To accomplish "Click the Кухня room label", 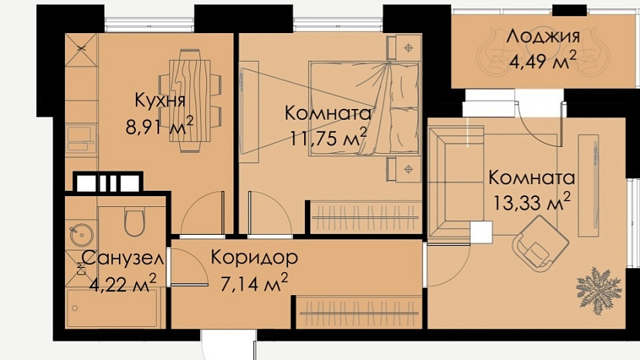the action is coord(160,101).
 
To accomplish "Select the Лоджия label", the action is coord(543,37).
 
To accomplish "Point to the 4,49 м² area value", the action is coord(543,61).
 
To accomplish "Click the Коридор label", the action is coord(254,257).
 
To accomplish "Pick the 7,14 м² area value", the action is coord(254,283).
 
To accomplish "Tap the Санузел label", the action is coord(123,258).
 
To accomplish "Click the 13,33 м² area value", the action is coord(532,202).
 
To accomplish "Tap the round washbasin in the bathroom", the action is coord(81,235).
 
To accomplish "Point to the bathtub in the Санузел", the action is coord(111,308).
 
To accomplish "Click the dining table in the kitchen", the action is coord(190,100).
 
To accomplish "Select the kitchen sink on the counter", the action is coord(81,138).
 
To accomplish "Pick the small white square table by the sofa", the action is coord(481,233).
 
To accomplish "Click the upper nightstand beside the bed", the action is coord(404,47).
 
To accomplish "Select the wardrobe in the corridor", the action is coord(359,313).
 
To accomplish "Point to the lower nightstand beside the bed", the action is coord(404,168).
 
